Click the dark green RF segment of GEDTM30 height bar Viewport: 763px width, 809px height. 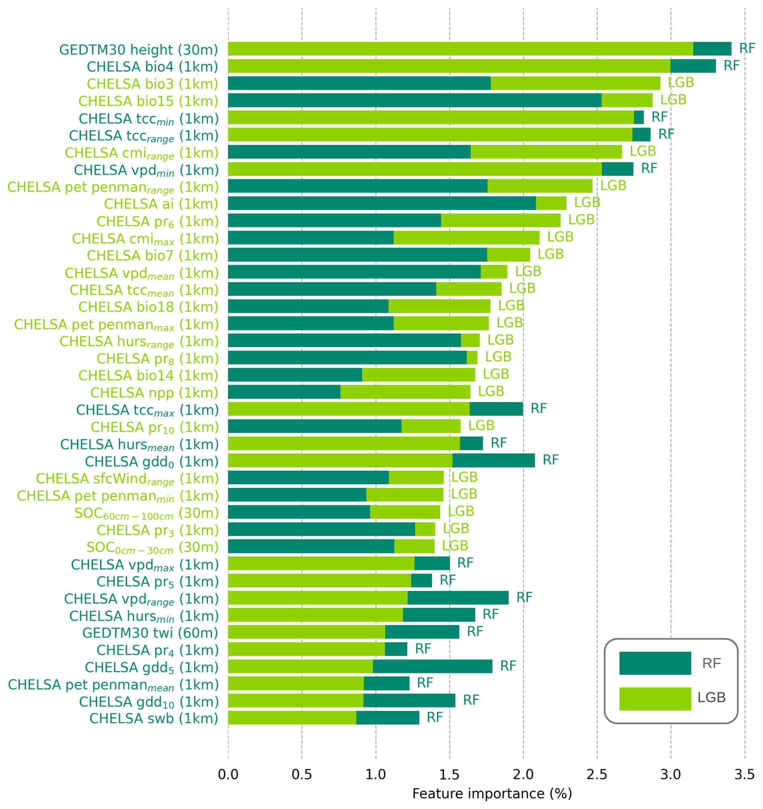(x=712, y=49)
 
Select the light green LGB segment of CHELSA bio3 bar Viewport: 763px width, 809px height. (x=575, y=83)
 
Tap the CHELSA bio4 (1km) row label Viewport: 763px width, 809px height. (x=152, y=67)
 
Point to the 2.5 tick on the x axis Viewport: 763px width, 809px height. (x=597, y=774)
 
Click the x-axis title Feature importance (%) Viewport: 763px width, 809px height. (x=492, y=794)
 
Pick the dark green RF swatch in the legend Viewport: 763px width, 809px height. (x=655, y=663)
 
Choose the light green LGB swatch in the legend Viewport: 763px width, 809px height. (x=655, y=699)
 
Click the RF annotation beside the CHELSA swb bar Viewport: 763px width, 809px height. (x=434, y=717)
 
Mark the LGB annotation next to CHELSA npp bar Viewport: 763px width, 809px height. (x=491, y=391)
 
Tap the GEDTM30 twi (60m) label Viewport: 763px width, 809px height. (x=150, y=633)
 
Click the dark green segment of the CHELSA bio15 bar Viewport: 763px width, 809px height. (x=415, y=100)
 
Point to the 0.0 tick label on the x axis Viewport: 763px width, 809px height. (x=228, y=774)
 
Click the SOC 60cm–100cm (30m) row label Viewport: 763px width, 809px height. (x=146, y=514)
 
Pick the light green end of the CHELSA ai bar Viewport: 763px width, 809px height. (x=551, y=203)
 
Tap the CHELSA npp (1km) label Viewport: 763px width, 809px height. (x=154, y=393)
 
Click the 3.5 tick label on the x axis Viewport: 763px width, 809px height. (x=744, y=774)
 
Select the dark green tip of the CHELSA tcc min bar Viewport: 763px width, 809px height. (x=638, y=117)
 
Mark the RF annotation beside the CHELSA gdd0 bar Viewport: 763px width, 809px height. (x=550, y=460)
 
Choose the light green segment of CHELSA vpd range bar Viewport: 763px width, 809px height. (x=318, y=598)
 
